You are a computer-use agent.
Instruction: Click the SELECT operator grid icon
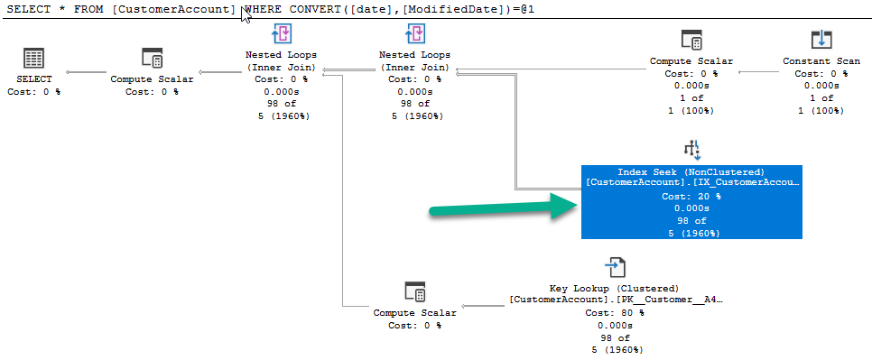tap(34, 59)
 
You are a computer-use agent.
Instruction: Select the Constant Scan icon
tap(821, 40)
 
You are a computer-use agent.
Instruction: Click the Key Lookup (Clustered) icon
tap(614, 267)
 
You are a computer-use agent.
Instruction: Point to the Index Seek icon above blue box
tap(691, 150)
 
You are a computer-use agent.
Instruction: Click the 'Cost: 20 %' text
tap(691, 197)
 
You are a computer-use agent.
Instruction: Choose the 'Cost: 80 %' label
tap(615, 313)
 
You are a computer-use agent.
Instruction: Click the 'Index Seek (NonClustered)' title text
tap(691, 172)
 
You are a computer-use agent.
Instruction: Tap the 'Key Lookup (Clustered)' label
tap(615, 289)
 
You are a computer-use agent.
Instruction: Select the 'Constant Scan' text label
tap(821, 61)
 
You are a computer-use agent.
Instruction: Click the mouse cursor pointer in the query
tap(246, 15)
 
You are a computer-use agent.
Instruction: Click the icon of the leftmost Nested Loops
tap(282, 33)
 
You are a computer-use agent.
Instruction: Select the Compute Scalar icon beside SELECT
tap(152, 58)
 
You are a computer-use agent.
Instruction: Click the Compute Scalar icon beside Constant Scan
tap(691, 40)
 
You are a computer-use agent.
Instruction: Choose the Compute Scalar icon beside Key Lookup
tap(415, 291)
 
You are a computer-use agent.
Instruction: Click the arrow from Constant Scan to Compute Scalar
tap(760, 72)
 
